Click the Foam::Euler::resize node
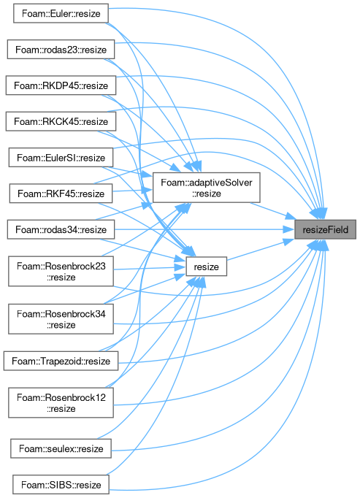pyautogui.click(x=61, y=13)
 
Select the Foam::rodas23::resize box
pyautogui.click(x=61, y=49)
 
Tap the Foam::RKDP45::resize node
pyautogui.click(x=61, y=85)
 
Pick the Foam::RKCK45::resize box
pyautogui.click(x=61, y=121)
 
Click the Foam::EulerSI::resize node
pyautogui.click(x=61, y=157)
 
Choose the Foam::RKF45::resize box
pyautogui.click(x=61, y=193)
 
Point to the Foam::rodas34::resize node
pyautogui.click(x=61, y=229)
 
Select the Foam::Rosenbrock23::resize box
pyautogui.click(x=61, y=271)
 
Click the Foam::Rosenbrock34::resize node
pyautogui.click(x=61, y=319)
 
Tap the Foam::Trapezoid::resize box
pyautogui.click(x=61, y=361)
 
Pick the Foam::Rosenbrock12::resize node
pyautogui.click(x=61, y=402)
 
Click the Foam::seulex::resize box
pyautogui.click(x=61, y=448)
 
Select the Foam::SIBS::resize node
pyautogui.click(x=61, y=484)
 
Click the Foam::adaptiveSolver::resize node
pyautogui.click(x=206, y=188)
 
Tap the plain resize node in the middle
pyautogui.click(x=206, y=266)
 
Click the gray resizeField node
pyautogui.click(x=325, y=229)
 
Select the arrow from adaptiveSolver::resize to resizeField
pyautogui.click(x=272, y=210)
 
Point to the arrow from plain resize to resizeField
pyautogui.click(x=261, y=250)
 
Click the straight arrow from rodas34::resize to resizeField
pyautogui.click(x=204, y=229)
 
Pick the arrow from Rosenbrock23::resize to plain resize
pyautogui.click(x=150, y=269)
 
